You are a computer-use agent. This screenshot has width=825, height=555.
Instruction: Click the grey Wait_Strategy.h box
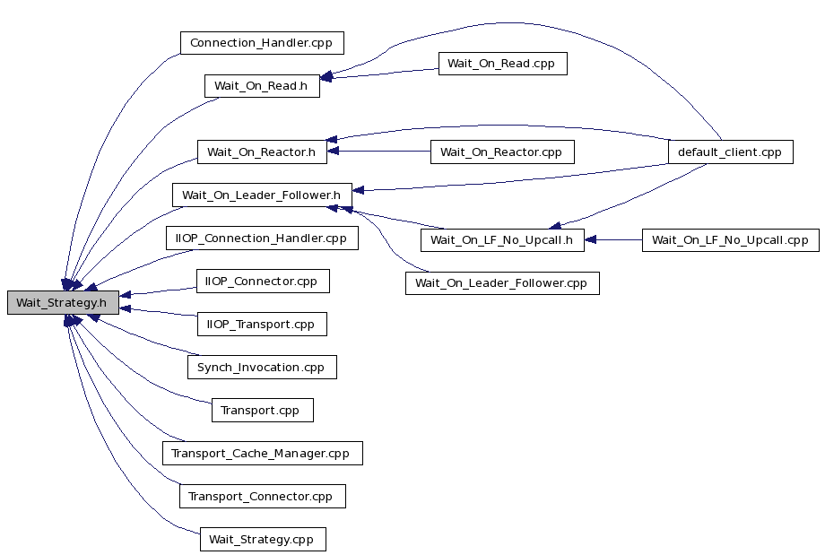pyautogui.click(x=63, y=302)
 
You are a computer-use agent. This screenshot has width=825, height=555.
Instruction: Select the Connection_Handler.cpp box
pyautogui.click(x=262, y=43)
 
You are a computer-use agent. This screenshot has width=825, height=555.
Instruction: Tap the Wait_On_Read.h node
pyautogui.click(x=262, y=86)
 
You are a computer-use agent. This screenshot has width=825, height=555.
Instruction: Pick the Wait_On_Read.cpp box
pyautogui.click(x=502, y=64)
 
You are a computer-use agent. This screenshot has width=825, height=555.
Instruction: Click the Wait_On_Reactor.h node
pyautogui.click(x=262, y=152)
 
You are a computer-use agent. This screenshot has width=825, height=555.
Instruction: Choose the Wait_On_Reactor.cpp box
pyautogui.click(x=502, y=152)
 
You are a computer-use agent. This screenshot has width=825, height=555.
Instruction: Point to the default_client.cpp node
pyautogui.click(x=730, y=152)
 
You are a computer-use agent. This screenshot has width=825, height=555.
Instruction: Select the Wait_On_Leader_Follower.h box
pyautogui.click(x=262, y=195)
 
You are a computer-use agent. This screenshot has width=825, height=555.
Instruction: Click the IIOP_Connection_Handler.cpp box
pyautogui.click(x=262, y=238)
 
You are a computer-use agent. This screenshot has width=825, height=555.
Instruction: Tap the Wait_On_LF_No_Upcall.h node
pyautogui.click(x=502, y=240)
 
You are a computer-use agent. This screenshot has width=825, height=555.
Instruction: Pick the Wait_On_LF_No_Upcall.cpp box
pyautogui.click(x=730, y=240)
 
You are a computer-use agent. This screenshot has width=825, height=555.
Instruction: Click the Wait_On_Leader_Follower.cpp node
pyautogui.click(x=502, y=283)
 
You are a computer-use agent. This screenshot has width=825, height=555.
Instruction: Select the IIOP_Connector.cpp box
pyautogui.click(x=263, y=282)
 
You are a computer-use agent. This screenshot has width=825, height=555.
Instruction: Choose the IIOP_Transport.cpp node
pyautogui.click(x=262, y=324)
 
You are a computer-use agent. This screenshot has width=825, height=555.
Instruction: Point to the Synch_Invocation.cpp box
pyautogui.click(x=262, y=368)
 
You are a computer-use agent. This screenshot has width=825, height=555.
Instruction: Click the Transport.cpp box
pyautogui.click(x=263, y=411)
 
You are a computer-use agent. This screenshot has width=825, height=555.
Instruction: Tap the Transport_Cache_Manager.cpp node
pyautogui.click(x=263, y=454)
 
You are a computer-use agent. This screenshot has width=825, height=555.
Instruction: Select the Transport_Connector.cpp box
pyautogui.click(x=263, y=497)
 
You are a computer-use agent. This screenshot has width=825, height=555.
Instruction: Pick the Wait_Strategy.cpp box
pyautogui.click(x=263, y=540)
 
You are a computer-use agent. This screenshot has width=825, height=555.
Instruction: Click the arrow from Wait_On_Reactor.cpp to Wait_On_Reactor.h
pyautogui.click(x=378, y=151)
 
